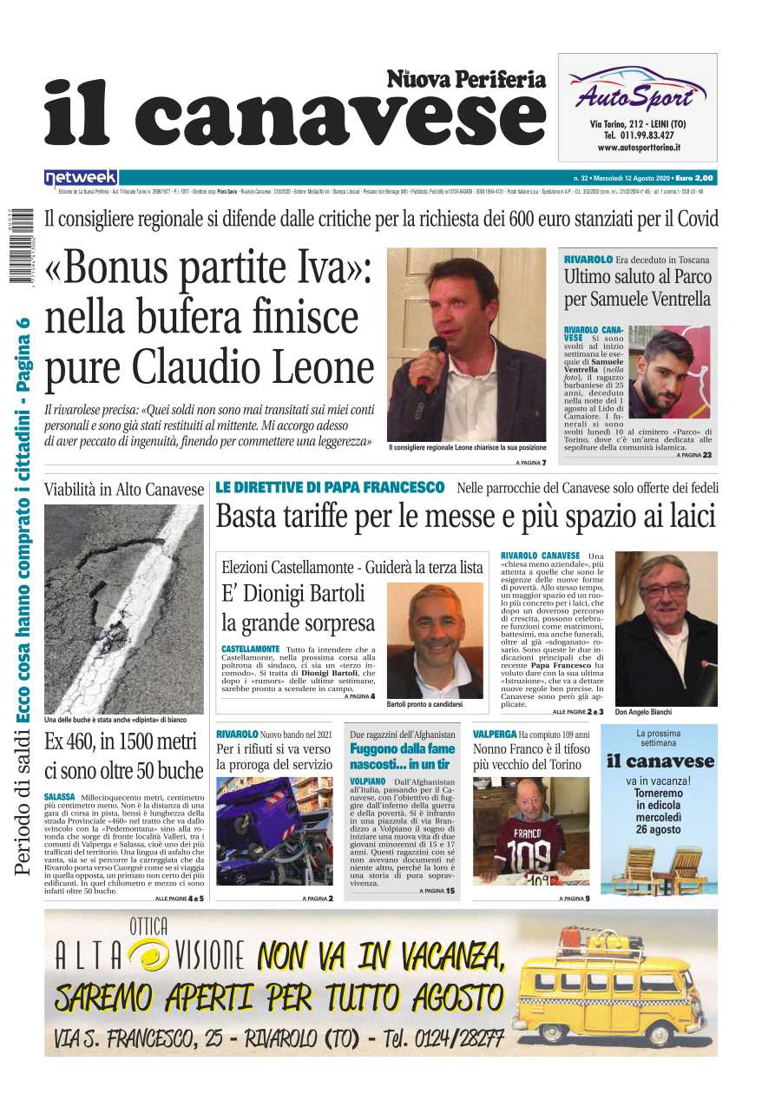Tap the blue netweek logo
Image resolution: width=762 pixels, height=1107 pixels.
click(x=81, y=177)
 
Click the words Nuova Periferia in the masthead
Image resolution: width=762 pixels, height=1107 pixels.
click(x=466, y=80)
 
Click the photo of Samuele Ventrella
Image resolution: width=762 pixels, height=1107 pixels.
click(x=667, y=372)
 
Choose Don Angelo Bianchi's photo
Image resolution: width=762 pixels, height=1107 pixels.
click(x=666, y=629)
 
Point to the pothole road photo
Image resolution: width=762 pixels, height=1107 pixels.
click(x=123, y=609)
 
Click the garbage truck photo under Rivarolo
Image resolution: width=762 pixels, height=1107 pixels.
click(x=274, y=830)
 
